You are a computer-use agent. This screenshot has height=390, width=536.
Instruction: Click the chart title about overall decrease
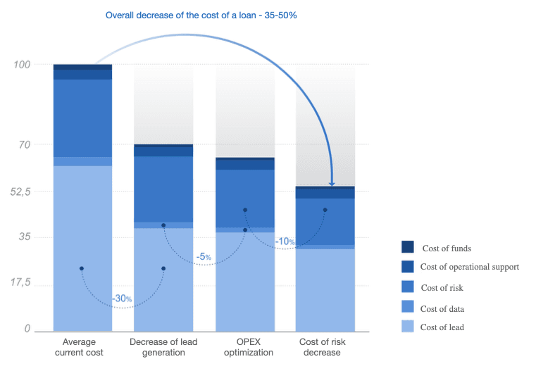tap(201, 15)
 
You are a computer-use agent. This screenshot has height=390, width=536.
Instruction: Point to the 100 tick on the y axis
tap(22, 65)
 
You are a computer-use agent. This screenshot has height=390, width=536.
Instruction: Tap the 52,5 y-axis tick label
tap(20, 191)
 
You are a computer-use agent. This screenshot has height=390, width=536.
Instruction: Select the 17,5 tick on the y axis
tap(20, 282)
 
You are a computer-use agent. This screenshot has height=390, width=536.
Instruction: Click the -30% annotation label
tap(122, 298)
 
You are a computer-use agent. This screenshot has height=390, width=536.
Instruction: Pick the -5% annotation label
tap(204, 256)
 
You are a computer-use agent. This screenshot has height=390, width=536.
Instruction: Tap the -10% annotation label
tap(285, 241)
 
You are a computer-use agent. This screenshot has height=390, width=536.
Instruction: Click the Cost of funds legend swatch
tap(408, 247)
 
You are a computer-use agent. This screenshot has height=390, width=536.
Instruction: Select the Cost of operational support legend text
tap(470, 267)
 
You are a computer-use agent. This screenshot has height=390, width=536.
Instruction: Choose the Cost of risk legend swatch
tap(408, 287)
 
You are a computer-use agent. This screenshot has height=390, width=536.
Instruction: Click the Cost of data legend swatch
tap(408, 307)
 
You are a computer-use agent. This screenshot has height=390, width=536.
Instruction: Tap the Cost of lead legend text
tap(442, 327)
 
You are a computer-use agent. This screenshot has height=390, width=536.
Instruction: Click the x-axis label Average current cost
tap(79, 347)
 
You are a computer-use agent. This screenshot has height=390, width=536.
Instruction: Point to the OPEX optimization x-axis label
tap(249, 347)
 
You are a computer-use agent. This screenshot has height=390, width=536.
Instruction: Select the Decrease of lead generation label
tap(163, 347)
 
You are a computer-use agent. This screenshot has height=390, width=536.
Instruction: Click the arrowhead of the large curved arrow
tap(332, 184)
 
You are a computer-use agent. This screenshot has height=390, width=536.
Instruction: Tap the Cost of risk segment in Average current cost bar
tap(82, 118)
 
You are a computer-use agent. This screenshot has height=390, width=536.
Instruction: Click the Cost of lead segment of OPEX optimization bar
tap(245, 282)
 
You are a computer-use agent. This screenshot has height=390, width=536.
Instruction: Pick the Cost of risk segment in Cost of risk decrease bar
tap(325, 222)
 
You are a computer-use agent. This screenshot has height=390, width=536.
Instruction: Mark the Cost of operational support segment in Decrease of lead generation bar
tap(163, 151)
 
